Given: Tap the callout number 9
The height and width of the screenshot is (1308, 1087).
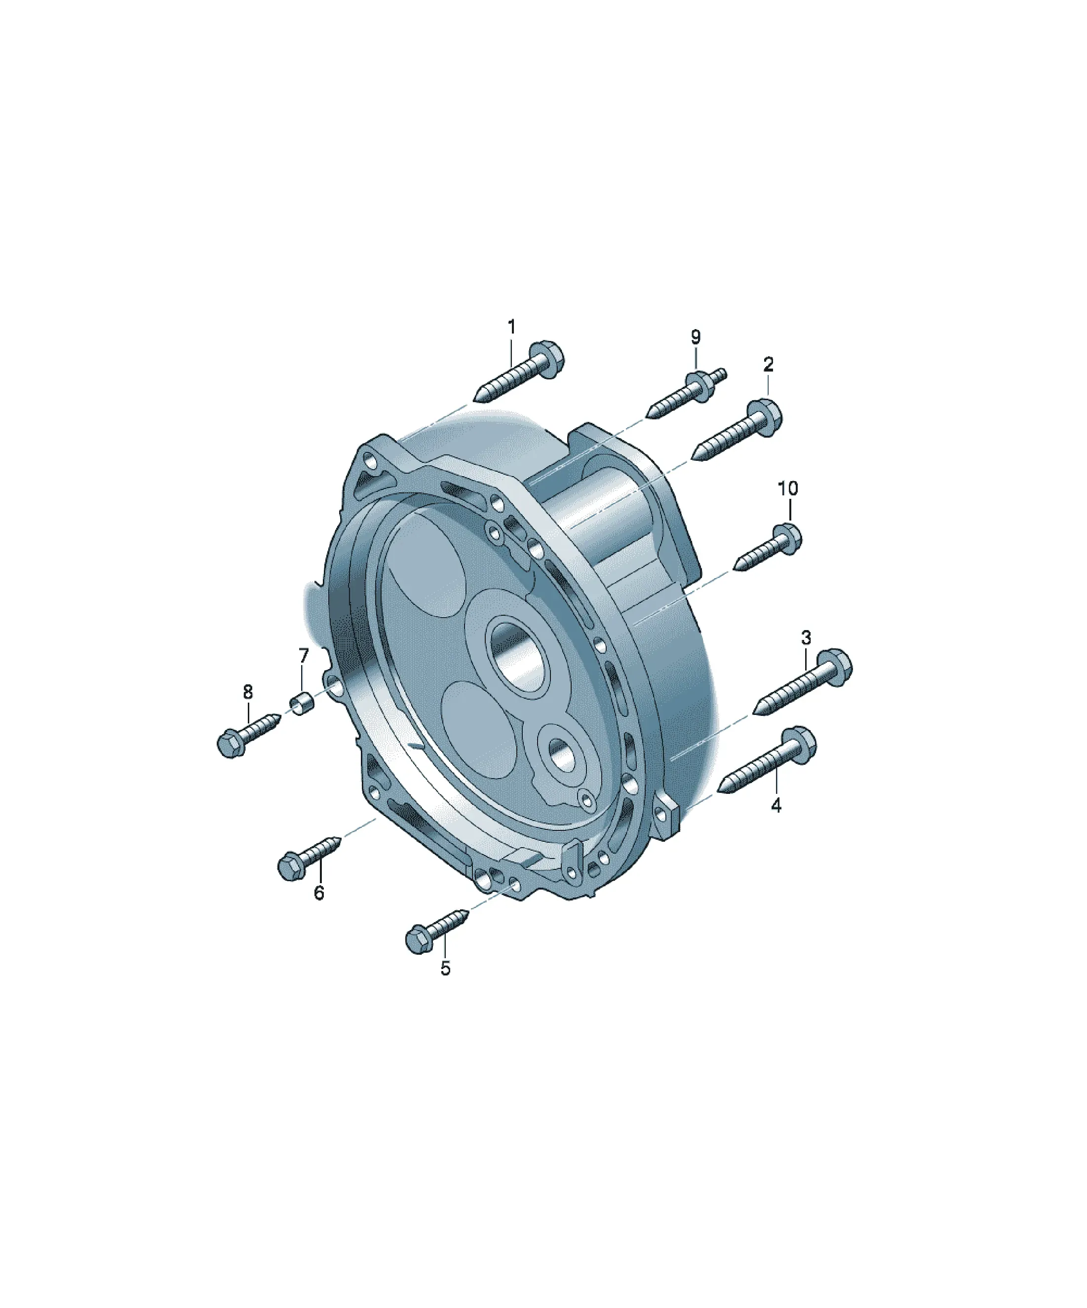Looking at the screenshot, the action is tap(696, 337).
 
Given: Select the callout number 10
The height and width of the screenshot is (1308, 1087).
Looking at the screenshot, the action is tap(788, 488).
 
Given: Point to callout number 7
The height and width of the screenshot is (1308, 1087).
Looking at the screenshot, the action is tap(304, 655).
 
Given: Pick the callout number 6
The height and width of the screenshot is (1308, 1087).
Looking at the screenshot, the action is tap(318, 893).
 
